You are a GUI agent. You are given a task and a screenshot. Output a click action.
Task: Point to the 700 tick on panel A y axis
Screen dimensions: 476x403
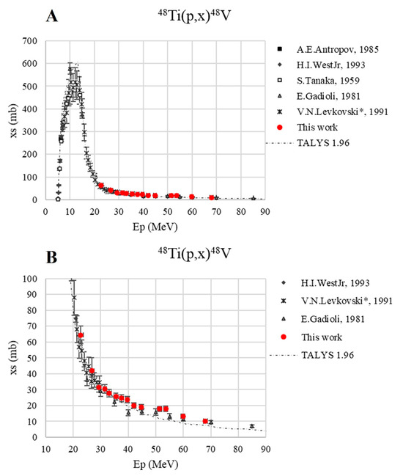[31, 40]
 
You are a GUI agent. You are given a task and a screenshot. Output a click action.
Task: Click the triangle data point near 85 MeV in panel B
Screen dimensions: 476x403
[252, 426]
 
